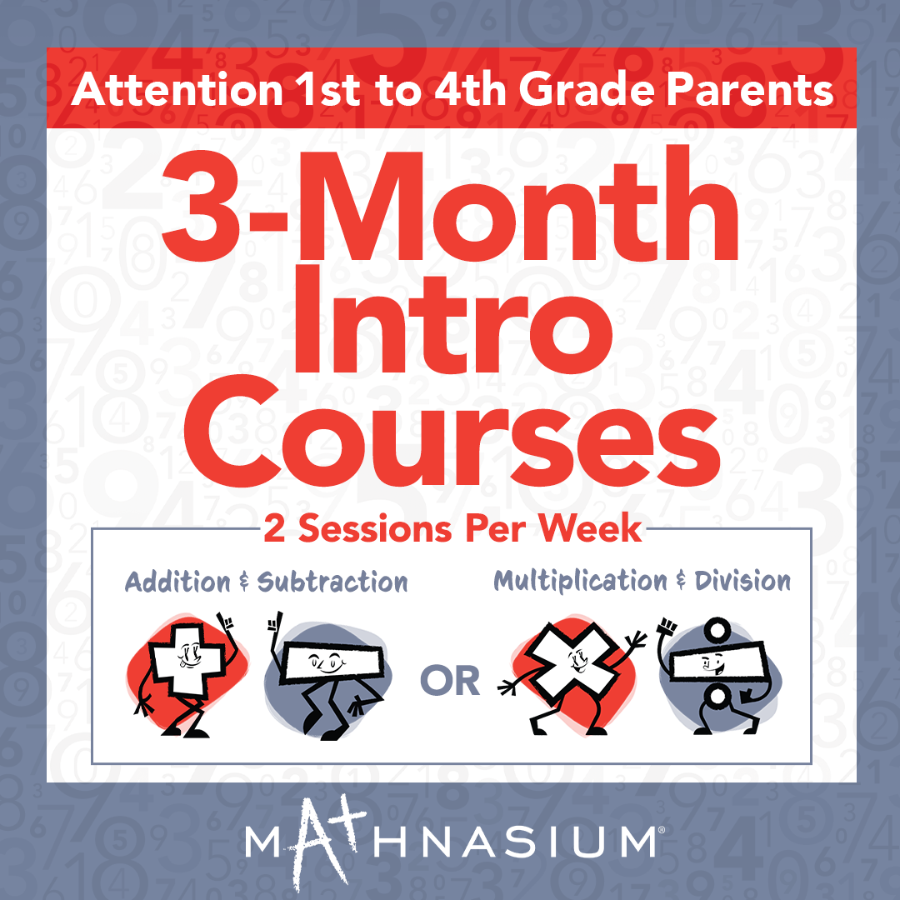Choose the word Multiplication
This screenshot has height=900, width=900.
coord(580,581)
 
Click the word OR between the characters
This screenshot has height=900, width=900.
coord(450,681)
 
